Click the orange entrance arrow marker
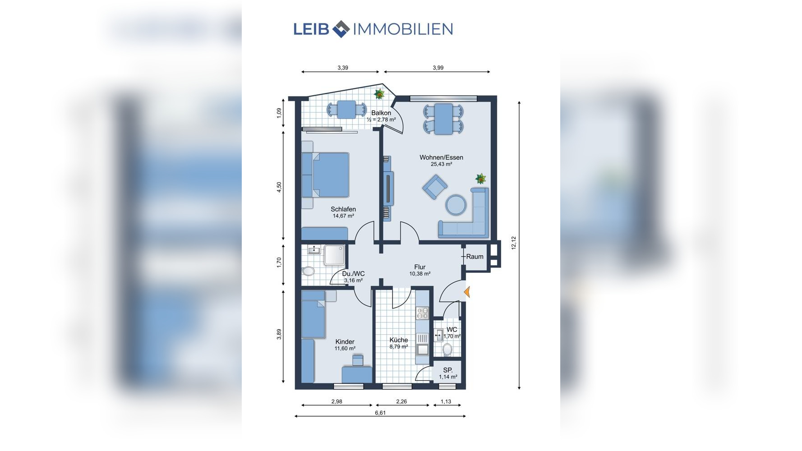[x=467, y=293]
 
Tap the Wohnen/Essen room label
[x=441, y=157]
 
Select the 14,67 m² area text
[x=343, y=216]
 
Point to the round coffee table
[x=456, y=205]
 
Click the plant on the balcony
[x=379, y=94]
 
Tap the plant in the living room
[x=481, y=179]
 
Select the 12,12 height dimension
[x=513, y=243]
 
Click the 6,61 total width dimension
[x=380, y=412]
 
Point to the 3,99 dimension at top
[x=438, y=68]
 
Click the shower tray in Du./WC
[x=334, y=255]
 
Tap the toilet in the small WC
[x=447, y=350]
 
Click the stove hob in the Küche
[x=423, y=313]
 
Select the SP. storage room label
[x=447, y=370]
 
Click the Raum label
[x=475, y=257]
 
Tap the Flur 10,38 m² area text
[x=419, y=274]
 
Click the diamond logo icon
[x=341, y=29]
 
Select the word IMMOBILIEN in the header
[x=403, y=29]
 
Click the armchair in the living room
[x=435, y=186]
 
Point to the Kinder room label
[x=345, y=342]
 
